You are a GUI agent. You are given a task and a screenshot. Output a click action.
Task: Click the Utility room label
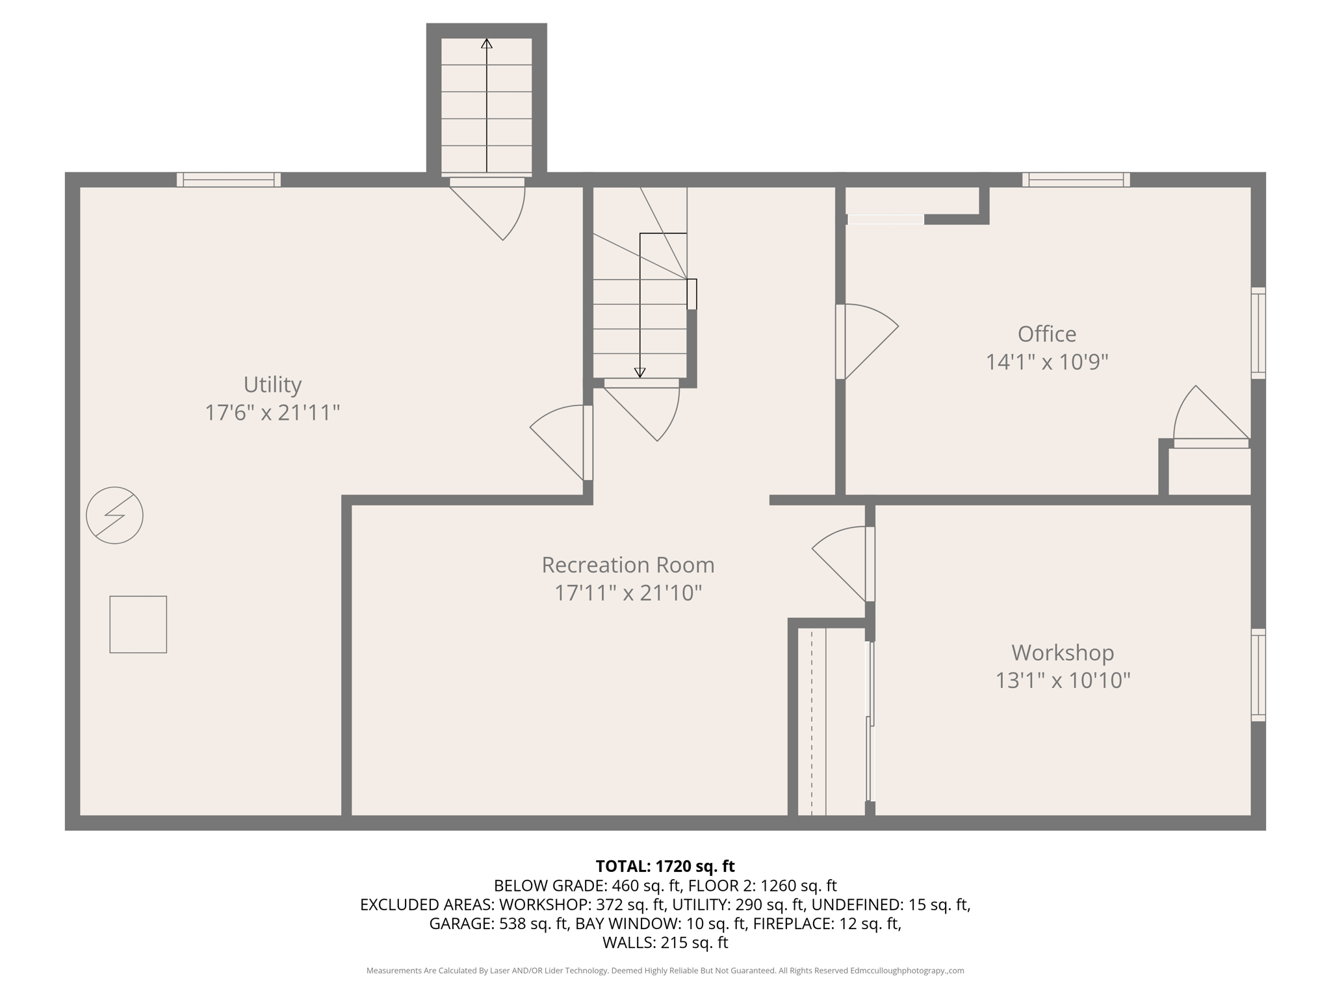click(x=272, y=385)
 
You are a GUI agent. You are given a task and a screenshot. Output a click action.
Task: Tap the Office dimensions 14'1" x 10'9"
click(x=1046, y=362)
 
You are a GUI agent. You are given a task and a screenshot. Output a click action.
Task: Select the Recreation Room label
click(x=628, y=565)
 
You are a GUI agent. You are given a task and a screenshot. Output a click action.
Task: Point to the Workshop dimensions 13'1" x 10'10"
click(x=1063, y=680)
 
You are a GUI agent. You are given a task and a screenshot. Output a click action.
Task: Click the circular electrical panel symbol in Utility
click(x=114, y=515)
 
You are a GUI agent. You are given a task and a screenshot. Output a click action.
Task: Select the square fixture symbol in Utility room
click(x=138, y=624)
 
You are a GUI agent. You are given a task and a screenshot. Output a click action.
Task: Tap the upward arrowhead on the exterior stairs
click(x=487, y=44)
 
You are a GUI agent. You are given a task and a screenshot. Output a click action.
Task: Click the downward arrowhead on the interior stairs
click(x=640, y=373)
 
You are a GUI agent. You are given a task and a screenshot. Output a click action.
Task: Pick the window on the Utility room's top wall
click(x=229, y=180)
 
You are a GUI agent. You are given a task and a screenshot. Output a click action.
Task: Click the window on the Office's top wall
click(x=1076, y=180)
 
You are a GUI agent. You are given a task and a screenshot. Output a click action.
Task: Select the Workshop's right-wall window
click(x=1258, y=674)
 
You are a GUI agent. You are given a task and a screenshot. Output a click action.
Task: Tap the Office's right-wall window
click(x=1258, y=333)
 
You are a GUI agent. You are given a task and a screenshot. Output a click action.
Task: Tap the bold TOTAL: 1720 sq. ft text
click(x=665, y=866)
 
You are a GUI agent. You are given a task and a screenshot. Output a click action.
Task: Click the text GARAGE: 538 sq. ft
click(x=498, y=923)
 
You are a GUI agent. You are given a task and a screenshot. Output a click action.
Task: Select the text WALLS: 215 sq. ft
click(x=665, y=943)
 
